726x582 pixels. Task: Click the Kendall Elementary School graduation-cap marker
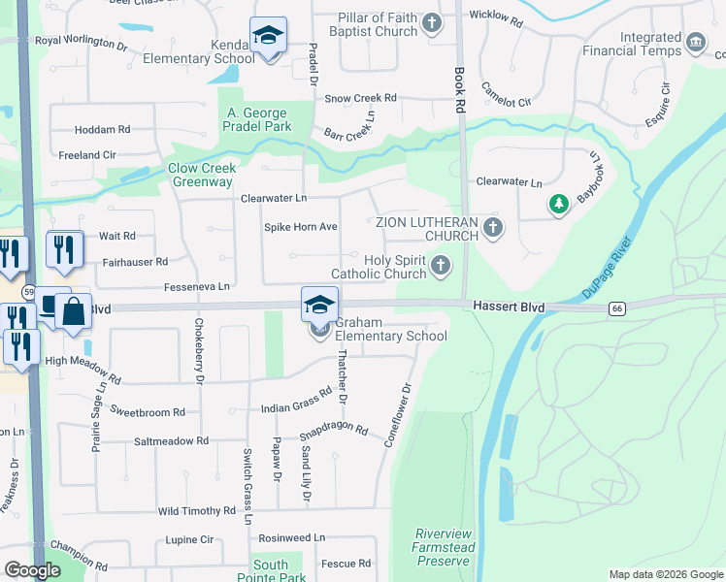[x=267, y=36]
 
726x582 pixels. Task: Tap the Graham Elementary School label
[x=392, y=337]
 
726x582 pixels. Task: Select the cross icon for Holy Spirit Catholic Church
[x=441, y=265]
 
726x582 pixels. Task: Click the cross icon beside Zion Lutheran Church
[x=493, y=229]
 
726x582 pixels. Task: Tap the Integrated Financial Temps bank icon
[x=695, y=43]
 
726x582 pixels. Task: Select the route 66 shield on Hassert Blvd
[x=616, y=308]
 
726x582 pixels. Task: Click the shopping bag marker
[x=73, y=311]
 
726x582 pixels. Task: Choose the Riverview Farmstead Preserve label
[x=444, y=547]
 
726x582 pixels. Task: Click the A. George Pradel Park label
[x=259, y=119]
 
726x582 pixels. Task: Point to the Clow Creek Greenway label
[x=201, y=175]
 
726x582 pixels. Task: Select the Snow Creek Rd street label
[x=361, y=98]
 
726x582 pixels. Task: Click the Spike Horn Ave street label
[x=301, y=227]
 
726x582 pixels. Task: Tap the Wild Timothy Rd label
[x=197, y=510]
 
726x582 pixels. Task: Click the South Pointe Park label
[x=270, y=571]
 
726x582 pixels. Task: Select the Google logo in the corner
[x=31, y=570]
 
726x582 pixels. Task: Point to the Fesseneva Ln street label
[x=197, y=286]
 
